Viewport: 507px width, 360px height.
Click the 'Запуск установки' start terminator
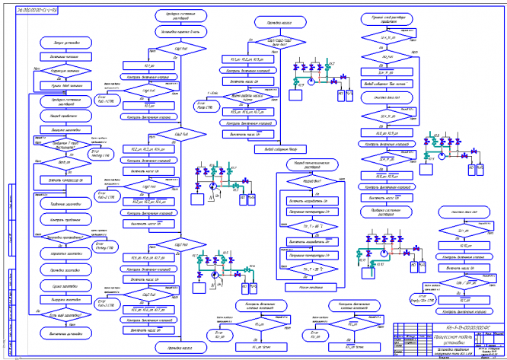point(58,43)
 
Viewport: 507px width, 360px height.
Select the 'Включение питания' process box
point(58,56)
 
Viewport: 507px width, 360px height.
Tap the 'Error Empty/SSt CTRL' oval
point(424,295)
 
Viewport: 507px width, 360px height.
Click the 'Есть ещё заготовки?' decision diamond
point(58,315)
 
